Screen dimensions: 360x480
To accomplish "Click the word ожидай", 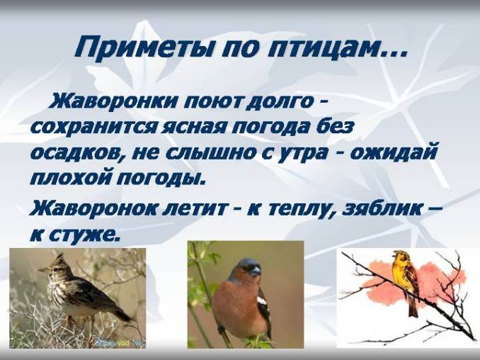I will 401,152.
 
